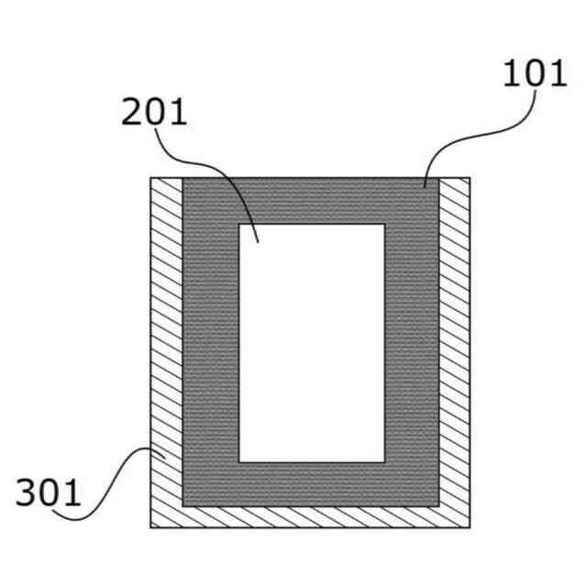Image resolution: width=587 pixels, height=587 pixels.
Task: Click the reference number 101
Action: pos(535,73)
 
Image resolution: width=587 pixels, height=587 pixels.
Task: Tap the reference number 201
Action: pos(154,112)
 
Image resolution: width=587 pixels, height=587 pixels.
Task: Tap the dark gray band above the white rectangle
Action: pos(312,201)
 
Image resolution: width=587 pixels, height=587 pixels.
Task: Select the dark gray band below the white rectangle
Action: pos(312,483)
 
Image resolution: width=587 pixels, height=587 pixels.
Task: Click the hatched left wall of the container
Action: pos(166,339)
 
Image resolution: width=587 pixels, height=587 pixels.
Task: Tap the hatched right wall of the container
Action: pos(455,339)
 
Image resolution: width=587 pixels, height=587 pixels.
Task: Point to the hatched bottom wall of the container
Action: pos(312,516)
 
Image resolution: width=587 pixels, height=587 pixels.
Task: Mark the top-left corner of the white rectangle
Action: pos(239,225)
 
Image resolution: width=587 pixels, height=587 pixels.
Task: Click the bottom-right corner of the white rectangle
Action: pos(384,461)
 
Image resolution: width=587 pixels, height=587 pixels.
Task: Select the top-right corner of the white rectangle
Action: pos(384,225)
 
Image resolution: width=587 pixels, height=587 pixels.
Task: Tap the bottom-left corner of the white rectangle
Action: pos(239,461)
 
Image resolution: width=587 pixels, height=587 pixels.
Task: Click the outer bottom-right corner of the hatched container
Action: pos(471,527)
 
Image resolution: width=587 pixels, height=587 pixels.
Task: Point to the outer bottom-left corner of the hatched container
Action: pos(151,527)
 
